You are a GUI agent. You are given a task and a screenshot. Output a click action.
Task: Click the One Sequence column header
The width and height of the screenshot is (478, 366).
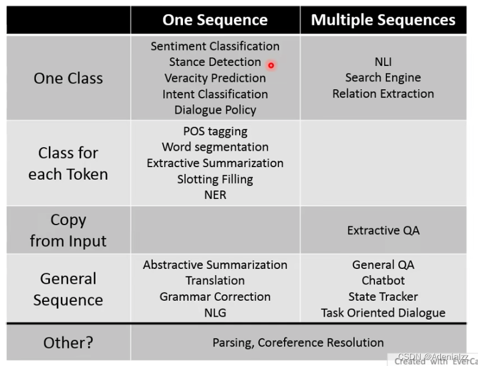coord(215,20)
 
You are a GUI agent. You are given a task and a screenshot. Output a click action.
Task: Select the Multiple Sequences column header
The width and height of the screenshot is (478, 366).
coord(383,20)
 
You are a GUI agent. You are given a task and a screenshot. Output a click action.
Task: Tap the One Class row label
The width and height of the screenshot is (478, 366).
coord(68,78)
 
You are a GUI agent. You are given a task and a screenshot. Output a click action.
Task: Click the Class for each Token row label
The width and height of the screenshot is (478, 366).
coord(68,163)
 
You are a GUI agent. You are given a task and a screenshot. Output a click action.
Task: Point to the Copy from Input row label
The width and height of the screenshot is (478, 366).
coord(68,230)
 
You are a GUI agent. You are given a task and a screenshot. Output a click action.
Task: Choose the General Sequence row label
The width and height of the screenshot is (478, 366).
coord(68,289)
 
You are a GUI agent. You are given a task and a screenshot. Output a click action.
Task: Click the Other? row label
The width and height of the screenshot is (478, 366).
coord(68,343)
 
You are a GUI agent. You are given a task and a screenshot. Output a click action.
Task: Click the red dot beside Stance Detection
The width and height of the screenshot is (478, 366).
coord(271,65)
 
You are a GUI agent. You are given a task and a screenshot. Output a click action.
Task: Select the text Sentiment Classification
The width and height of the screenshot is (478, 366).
coord(215,46)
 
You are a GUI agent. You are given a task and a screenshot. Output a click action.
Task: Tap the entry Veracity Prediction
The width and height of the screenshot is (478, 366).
coord(215,78)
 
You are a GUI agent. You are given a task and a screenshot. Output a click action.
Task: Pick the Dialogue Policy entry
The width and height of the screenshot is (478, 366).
coord(215,110)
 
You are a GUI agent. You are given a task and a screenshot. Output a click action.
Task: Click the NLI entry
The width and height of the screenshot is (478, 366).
coord(383,62)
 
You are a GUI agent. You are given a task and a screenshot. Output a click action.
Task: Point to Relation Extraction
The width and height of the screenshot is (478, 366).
coord(383,94)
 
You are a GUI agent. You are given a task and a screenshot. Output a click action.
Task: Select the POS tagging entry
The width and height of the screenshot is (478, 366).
coord(215,131)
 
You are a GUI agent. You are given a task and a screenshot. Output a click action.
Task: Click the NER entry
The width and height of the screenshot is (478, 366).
coord(215,195)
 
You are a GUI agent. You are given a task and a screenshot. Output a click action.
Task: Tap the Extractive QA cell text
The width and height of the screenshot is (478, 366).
coord(383,231)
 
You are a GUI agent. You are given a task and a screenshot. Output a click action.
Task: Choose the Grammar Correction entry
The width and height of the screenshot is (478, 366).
coord(215,296)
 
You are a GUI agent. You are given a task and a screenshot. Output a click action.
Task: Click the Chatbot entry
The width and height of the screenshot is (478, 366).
coord(383,281)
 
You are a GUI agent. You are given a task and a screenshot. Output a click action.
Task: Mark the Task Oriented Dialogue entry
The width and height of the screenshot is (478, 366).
coord(383,313)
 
